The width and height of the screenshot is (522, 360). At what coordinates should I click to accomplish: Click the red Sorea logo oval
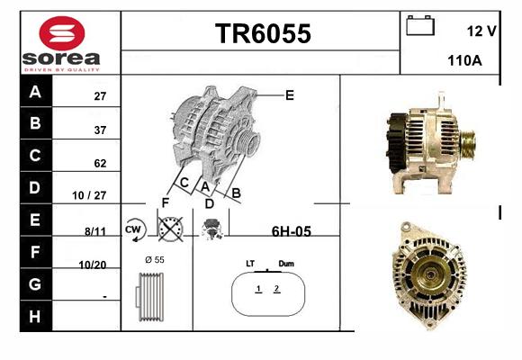pyautogui.click(x=62, y=33)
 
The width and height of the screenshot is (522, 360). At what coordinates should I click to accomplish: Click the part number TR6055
pyautogui.click(x=263, y=33)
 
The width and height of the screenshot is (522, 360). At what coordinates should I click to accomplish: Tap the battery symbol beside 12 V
pyautogui.click(x=420, y=25)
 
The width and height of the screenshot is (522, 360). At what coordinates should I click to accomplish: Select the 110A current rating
pyautogui.click(x=464, y=60)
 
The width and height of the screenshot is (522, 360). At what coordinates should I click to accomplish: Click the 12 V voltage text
pyautogui.click(x=481, y=31)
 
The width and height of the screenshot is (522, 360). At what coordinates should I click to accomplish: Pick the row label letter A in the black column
pyautogui.click(x=35, y=91)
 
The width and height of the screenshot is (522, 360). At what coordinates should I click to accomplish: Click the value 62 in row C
pyautogui.click(x=100, y=163)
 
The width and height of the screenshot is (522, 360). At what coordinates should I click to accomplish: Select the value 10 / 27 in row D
pyautogui.click(x=89, y=195)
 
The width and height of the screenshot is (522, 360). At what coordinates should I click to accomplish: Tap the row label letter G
pyautogui.click(x=35, y=284)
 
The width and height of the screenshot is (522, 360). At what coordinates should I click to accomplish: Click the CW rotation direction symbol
pyautogui.click(x=135, y=229)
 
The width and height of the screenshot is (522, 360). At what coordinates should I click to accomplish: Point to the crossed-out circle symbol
pyautogui.click(x=170, y=229)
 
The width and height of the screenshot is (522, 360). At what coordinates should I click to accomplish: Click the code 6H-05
pyautogui.click(x=292, y=231)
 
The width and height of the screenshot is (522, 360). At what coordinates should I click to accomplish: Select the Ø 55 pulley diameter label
pyautogui.click(x=155, y=260)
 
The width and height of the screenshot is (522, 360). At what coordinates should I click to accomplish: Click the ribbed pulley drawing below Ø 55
pyautogui.click(x=149, y=297)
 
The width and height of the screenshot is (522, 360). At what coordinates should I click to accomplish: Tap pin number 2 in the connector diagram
pyautogui.click(x=276, y=288)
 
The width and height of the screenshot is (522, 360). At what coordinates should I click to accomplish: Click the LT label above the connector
pyautogui.click(x=250, y=264)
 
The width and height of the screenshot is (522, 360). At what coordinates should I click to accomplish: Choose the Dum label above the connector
pyautogui.click(x=286, y=264)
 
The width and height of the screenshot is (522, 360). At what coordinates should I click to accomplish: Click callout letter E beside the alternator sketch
pyautogui.click(x=290, y=95)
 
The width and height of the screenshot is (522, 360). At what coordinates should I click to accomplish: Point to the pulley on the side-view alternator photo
pyautogui.click(x=467, y=146)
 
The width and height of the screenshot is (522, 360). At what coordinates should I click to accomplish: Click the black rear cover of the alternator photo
pyautogui.click(x=396, y=143)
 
